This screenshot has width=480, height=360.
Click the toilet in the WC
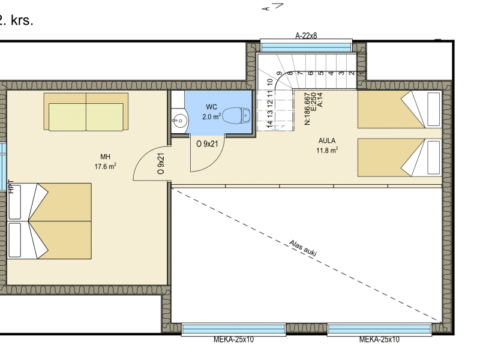coord(236,115)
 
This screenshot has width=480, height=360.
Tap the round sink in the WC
coord(181,121)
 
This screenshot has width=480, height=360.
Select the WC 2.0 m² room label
coord(212,112)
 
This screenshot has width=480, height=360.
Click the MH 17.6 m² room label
coord(106,161)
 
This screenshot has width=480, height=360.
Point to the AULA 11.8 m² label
coord(327,145)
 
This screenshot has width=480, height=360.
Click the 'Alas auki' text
coord(303,248)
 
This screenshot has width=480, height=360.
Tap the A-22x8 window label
coord(306,36)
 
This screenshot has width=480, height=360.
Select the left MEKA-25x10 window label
coord(233,340)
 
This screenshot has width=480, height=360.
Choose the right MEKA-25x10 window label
coord(379,340)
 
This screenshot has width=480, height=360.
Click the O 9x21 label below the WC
coord(207,143)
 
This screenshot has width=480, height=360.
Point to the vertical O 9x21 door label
coord(161,163)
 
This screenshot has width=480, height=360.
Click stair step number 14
coord(269,124)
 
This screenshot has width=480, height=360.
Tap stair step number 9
coord(279,73)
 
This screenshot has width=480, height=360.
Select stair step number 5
coord(321,73)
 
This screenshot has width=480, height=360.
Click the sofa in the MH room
coord(86,112)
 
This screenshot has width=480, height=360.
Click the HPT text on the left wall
coord(11,187)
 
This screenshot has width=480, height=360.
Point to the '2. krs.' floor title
coord(16,20)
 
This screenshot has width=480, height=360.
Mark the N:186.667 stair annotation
coord(307,109)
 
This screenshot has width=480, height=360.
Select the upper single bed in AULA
coord(400,109)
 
